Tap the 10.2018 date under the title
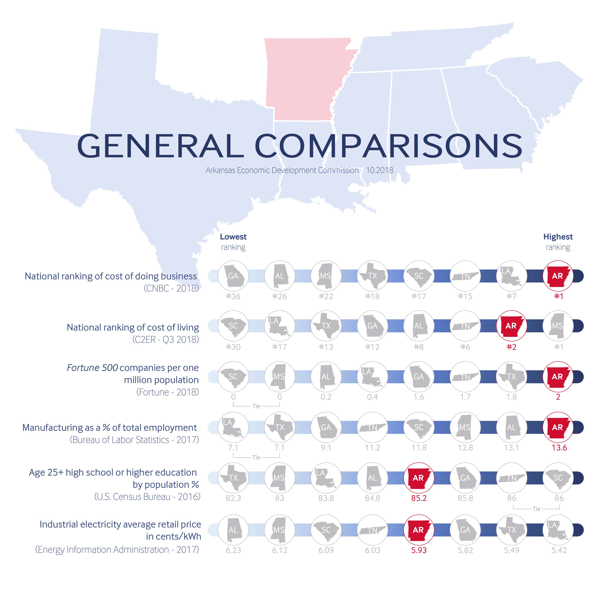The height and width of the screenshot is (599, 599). point(380,170)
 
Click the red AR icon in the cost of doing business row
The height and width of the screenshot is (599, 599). point(558,276)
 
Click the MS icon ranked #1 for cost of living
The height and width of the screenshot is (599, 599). point(558,326)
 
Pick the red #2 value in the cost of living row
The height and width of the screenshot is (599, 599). point(511,347)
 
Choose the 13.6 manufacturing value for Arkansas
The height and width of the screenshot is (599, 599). point(559,447)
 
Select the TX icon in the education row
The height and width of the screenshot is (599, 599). point(233,478)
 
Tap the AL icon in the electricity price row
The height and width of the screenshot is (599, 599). point(233,530)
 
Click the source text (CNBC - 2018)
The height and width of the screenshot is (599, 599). point(171,288)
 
